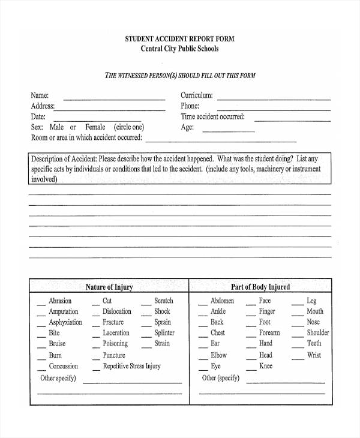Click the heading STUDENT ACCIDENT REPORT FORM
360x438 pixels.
[x=180, y=38]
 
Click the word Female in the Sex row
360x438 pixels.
[x=95, y=127]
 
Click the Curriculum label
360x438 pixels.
[x=197, y=95]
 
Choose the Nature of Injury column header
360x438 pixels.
[x=109, y=287]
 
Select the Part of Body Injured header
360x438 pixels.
[x=260, y=287]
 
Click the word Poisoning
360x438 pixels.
[x=115, y=344]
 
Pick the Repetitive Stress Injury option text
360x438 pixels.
[x=132, y=366]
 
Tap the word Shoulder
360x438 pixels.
[x=318, y=332]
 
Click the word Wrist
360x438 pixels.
[x=314, y=355]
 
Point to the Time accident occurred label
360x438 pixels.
[x=213, y=117]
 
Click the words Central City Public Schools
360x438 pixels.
[x=180, y=49]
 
